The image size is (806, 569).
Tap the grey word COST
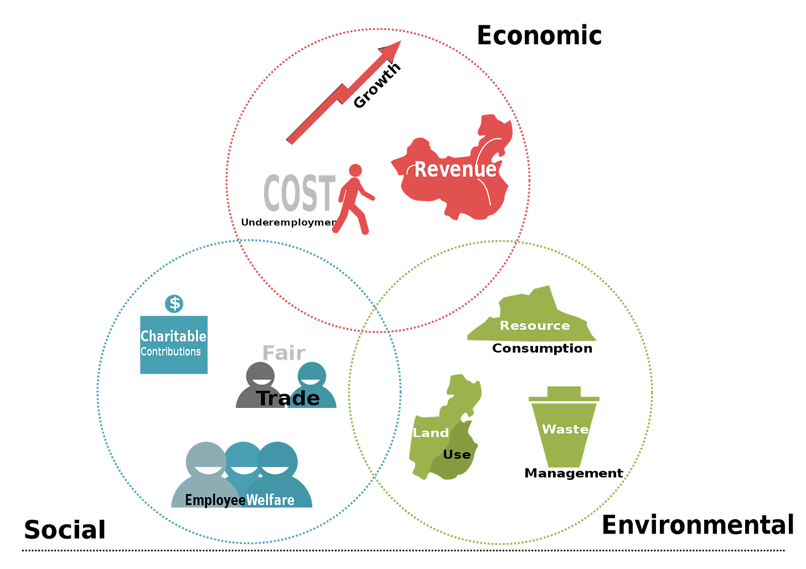pos(299,193)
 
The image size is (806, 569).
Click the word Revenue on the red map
pos(455,169)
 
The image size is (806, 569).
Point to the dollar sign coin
pos(174,303)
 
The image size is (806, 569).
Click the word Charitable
pos(173,336)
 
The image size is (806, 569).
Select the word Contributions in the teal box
pos(170,351)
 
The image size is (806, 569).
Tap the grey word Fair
pos(285,353)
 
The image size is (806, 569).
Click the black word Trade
pos(288,398)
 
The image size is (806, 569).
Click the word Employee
pos(215,500)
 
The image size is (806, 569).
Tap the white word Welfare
pos(270,500)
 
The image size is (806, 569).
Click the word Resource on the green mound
pos(535,325)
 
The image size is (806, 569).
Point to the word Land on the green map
pos(431,433)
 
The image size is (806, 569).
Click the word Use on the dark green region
pos(457,455)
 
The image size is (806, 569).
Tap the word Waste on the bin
pos(565,429)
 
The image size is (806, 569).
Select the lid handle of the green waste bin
pos(564,390)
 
